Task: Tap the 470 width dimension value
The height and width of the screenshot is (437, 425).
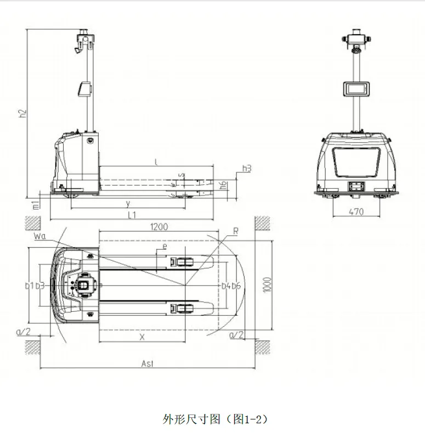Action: (x=356, y=212)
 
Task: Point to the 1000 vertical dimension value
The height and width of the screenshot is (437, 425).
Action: (x=267, y=284)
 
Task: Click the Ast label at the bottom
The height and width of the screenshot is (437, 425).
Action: (x=148, y=363)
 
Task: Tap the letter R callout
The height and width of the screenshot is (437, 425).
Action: (x=235, y=232)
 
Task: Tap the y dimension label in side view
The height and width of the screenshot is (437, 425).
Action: (x=128, y=203)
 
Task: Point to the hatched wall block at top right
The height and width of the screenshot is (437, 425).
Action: (x=263, y=223)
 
